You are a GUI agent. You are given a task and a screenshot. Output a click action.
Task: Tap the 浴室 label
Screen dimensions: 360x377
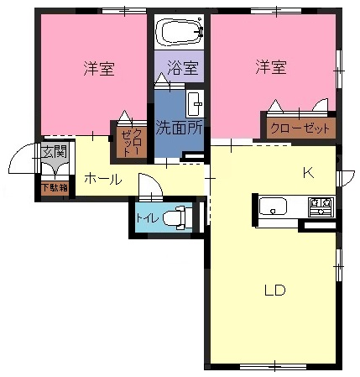pyautogui.click(x=184, y=68)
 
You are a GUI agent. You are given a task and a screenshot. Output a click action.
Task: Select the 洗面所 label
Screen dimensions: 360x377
pyautogui.click(x=179, y=128)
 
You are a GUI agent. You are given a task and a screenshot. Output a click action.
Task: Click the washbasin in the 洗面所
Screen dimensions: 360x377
pyautogui.click(x=196, y=103)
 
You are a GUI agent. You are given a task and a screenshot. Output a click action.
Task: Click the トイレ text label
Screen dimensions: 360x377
pyautogui.click(x=147, y=217)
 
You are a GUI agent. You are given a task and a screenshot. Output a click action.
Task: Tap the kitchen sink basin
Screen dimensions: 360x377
pyautogui.click(x=273, y=207)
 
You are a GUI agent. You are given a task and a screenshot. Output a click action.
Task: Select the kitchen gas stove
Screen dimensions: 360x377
pyautogui.click(x=321, y=207)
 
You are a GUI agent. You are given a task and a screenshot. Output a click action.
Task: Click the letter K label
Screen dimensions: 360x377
pyautogui.click(x=309, y=173)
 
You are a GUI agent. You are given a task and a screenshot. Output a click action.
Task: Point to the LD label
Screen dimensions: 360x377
pyautogui.click(x=275, y=291)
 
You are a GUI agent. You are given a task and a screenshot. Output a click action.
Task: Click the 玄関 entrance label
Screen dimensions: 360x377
pyautogui.click(x=55, y=152)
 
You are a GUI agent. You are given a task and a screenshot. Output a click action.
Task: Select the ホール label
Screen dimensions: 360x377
pyautogui.click(x=103, y=179)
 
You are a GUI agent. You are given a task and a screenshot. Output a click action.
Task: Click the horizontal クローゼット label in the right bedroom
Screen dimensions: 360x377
pyautogui.click(x=300, y=128)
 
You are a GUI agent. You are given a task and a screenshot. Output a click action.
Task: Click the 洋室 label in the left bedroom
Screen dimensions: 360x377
pyautogui.click(x=99, y=68)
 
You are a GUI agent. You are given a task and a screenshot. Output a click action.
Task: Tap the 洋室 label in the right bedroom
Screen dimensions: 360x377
pyautogui.click(x=271, y=66)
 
